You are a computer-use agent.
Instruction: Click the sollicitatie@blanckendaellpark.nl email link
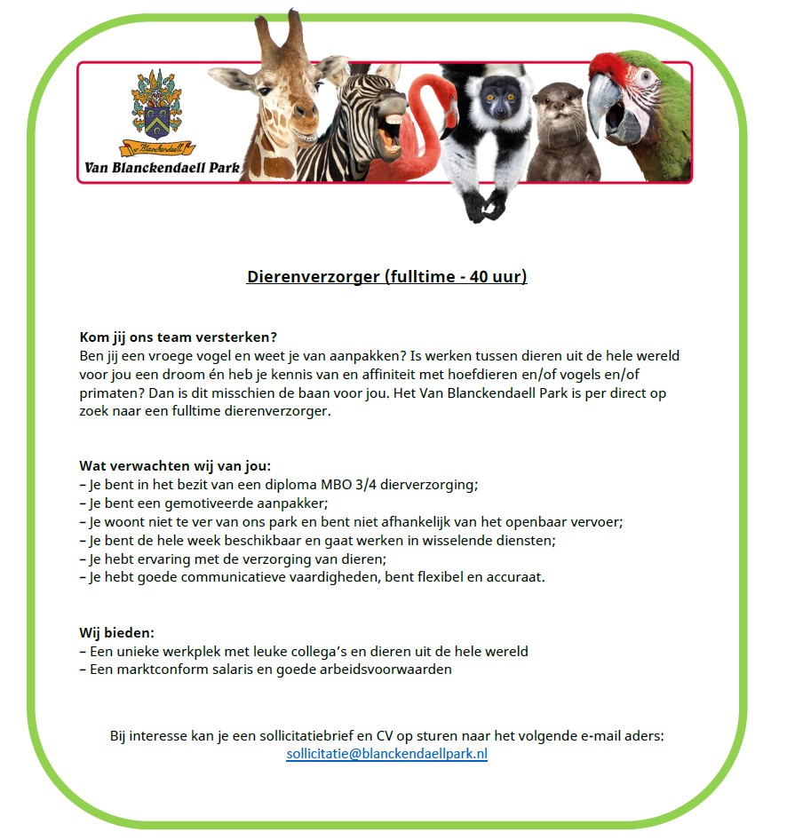386,755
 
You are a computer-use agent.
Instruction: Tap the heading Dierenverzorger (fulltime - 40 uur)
386,277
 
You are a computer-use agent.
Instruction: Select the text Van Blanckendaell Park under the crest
163,166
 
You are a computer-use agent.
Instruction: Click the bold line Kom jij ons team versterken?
179,337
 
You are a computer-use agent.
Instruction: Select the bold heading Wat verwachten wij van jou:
175,466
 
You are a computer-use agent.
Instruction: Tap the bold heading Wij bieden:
116,633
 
